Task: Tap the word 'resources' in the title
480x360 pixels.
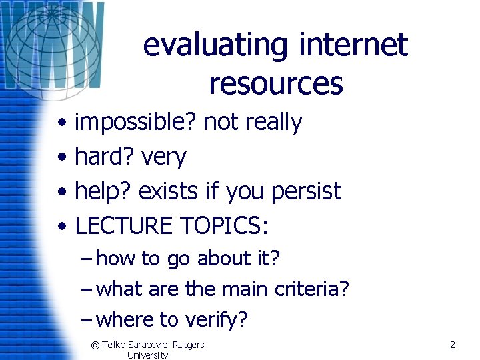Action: [275, 84]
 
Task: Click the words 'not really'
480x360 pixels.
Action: [253, 123]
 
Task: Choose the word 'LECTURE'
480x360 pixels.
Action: [124, 227]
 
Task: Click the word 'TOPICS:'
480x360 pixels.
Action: [224, 227]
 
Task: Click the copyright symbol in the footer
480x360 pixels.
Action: [95, 345]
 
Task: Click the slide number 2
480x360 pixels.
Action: [452, 345]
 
